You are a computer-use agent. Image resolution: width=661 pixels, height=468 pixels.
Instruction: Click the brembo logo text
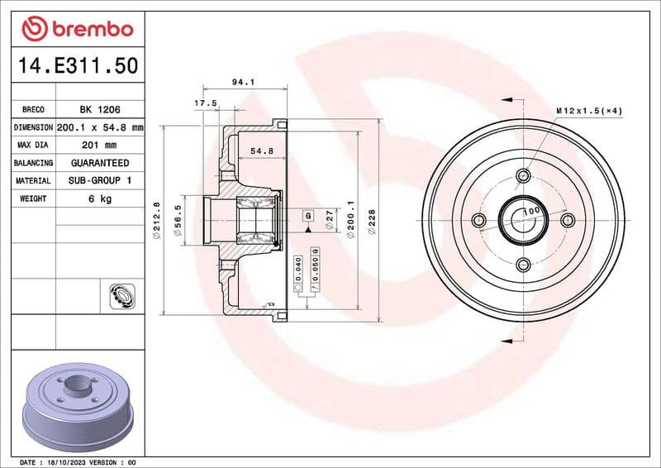point(88,30)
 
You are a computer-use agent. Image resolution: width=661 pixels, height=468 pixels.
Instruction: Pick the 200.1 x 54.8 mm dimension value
point(99,127)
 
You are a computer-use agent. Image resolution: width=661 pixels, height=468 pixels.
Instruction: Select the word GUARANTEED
point(99,163)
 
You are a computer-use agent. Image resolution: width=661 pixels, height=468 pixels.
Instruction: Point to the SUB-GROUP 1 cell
point(99,180)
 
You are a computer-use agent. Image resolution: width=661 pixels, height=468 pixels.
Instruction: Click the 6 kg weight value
point(99,198)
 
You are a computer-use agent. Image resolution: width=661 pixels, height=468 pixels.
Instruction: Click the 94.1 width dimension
point(241,82)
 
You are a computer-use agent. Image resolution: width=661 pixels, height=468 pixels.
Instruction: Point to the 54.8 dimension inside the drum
point(261,151)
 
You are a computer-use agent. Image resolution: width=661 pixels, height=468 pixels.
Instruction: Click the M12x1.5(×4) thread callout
point(588,110)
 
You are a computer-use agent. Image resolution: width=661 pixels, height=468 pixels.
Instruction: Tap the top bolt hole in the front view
point(522,175)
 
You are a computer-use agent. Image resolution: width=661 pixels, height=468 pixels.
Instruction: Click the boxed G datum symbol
point(308,215)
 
